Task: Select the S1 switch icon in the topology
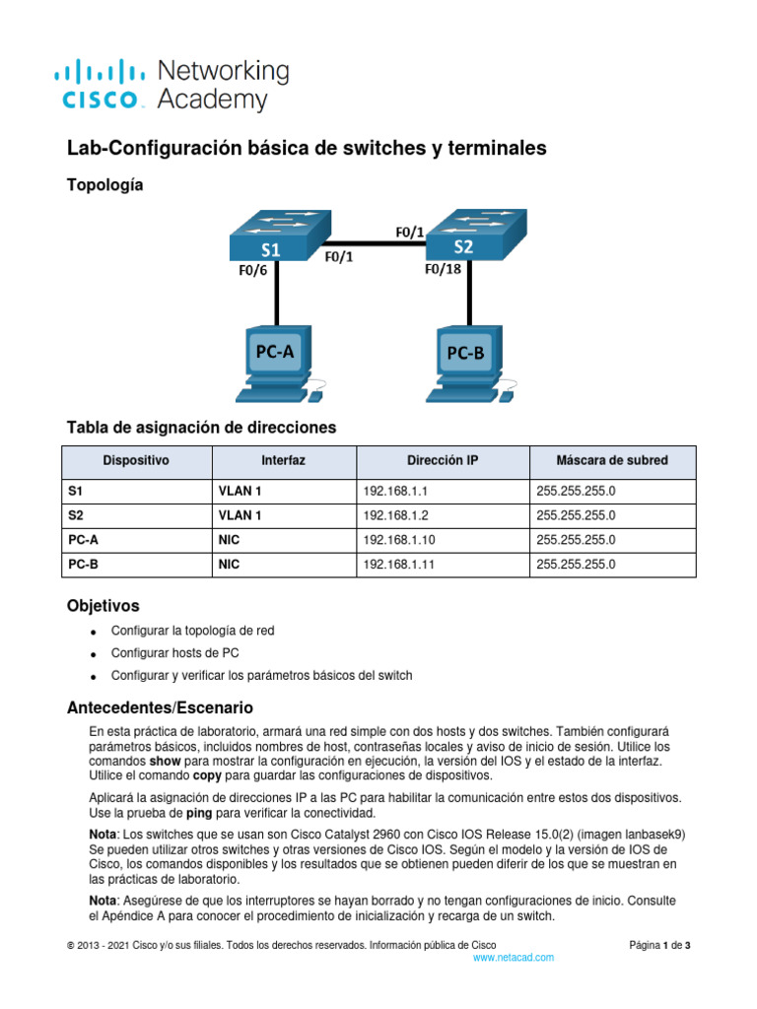(x=274, y=236)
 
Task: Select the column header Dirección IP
(x=443, y=461)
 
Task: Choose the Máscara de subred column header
(x=611, y=461)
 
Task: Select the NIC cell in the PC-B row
(x=230, y=565)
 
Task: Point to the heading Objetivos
(x=103, y=605)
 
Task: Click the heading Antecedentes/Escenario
(x=159, y=707)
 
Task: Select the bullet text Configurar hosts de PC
(x=174, y=652)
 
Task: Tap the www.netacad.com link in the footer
(x=514, y=958)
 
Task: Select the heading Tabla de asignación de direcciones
(x=201, y=428)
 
